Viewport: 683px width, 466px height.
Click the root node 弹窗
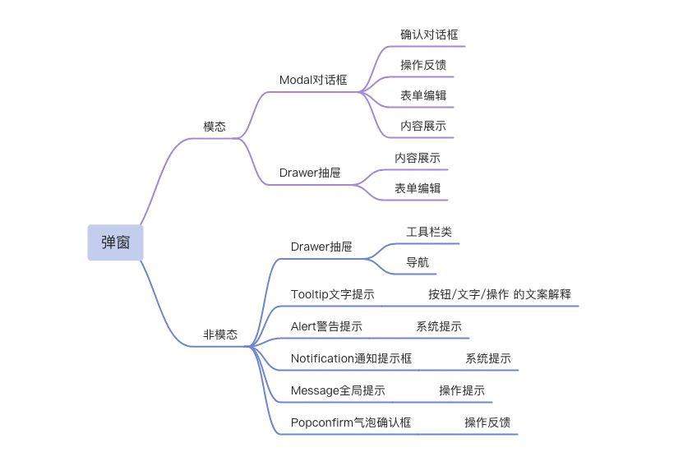click(115, 242)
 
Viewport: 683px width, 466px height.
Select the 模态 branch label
click(215, 127)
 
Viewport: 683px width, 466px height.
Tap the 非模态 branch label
click(220, 335)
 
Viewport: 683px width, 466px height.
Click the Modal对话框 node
click(313, 81)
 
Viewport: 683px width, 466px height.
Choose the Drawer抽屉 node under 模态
click(310, 173)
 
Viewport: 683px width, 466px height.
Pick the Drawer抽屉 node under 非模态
click(321, 247)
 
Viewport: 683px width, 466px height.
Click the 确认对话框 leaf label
click(429, 35)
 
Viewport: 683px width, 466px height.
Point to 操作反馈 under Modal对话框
click(423, 65)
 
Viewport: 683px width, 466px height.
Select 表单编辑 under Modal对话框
click(423, 96)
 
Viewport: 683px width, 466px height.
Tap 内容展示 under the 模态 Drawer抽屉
click(418, 158)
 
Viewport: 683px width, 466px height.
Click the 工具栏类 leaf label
click(429, 232)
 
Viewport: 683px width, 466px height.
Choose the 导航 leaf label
click(418, 263)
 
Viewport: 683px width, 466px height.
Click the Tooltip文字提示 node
click(332, 294)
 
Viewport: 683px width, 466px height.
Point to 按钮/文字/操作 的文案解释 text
click(500, 294)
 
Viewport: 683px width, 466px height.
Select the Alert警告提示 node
click(326, 326)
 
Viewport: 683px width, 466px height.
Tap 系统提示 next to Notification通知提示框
click(488, 359)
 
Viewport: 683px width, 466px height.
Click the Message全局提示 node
click(338, 390)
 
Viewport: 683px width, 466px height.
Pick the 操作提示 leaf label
click(462, 390)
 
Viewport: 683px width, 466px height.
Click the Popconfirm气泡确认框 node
click(351, 422)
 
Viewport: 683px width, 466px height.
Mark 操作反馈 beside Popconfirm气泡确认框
click(487, 422)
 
